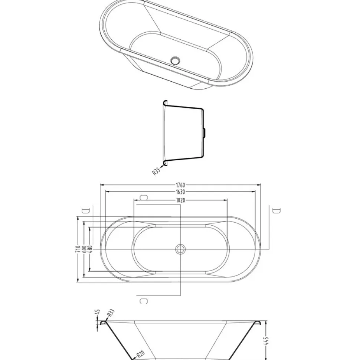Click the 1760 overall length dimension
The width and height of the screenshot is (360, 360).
click(x=180, y=185)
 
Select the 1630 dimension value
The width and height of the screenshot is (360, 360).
click(x=180, y=192)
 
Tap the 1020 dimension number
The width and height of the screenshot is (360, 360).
click(x=181, y=200)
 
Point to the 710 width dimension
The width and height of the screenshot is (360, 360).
click(x=78, y=249)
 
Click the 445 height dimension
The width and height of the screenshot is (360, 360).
click(x=266, y=341)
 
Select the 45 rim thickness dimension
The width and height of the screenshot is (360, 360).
click(x=98, y=312)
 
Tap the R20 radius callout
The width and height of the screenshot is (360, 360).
click(x=140, y=354)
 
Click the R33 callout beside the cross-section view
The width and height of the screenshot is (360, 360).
click(x=156, y=171)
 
